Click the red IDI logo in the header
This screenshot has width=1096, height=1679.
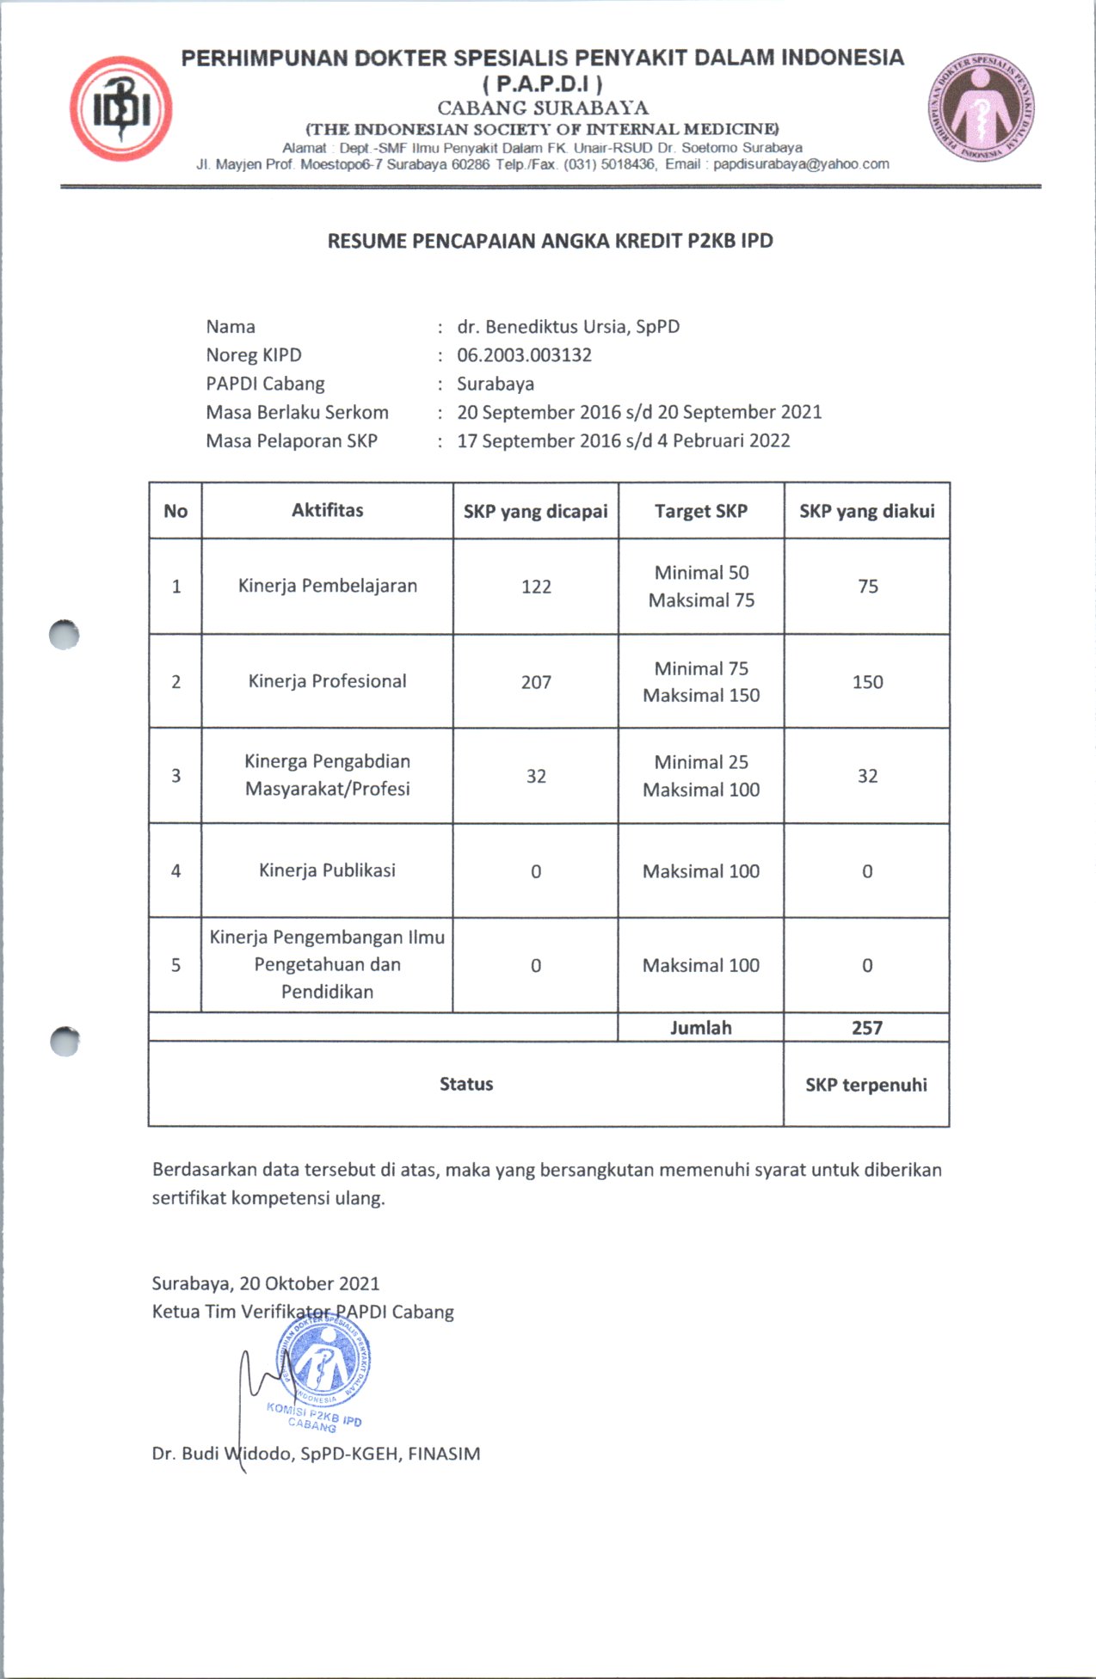coord(120,109)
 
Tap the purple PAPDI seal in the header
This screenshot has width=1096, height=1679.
coord(981,109)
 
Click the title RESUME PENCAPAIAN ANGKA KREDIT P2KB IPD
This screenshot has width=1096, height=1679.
coord(550,241)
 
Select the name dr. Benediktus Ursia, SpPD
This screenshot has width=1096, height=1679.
coord(568,327)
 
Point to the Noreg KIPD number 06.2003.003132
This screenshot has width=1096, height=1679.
coord(524,355)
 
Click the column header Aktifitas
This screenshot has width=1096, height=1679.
coord(327,510)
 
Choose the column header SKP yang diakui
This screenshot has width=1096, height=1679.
coord(866,511)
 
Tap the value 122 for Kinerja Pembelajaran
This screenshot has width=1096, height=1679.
coord(536,587)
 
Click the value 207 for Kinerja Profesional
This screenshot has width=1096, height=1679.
coord(536,682)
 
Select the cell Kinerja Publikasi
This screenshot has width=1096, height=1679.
coord(327,870)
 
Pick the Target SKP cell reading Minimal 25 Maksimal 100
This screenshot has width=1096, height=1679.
coord(701,776)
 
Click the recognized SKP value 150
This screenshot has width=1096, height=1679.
coord(867,682)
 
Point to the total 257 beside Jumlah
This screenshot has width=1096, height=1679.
coord(866,1028)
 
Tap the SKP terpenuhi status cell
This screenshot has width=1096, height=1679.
coord(866,1085)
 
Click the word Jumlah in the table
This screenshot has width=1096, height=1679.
coord(700,1028)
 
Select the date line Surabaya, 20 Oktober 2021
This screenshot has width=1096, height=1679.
coord(266,1283)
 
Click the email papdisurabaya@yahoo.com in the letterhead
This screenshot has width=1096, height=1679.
coord(801,164)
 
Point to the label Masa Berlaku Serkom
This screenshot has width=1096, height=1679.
coord(297,412)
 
